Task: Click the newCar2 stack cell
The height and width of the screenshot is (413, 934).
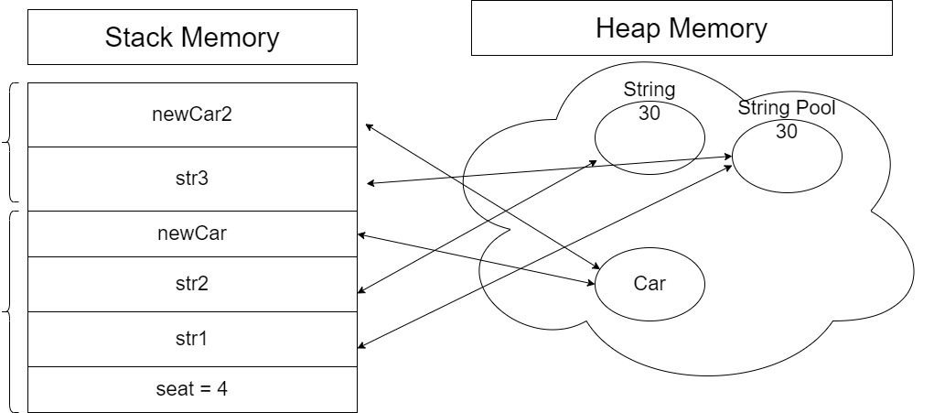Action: click(x=192, y=114)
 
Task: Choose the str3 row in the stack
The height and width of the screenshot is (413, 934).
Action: click(x=192, y=179)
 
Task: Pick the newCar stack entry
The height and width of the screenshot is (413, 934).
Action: click(x=192, y=234)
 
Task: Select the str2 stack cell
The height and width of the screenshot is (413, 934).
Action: click(x=192, y=283)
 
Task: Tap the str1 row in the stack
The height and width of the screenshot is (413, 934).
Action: click(x=192, y=338)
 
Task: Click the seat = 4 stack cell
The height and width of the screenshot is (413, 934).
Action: click(x=192, y=388)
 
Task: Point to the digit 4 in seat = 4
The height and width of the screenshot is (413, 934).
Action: click(x=221, y=388)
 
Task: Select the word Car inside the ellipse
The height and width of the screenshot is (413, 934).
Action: click(x=649, y=283)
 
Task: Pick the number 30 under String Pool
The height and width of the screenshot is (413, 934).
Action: click(x=787, y=131)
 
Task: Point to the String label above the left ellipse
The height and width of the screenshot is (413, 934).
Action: click(x=649, y=91)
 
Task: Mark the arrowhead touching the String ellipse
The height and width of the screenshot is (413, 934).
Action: click(x=594, y=163)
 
